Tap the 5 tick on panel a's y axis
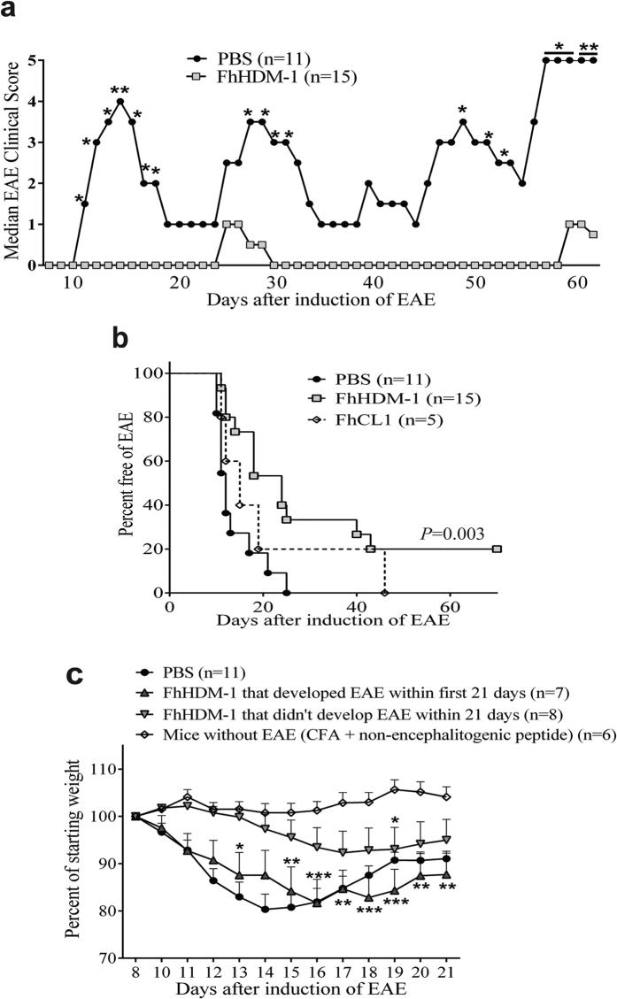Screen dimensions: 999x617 (33, 60)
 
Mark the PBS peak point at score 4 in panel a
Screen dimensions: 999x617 (120, 101)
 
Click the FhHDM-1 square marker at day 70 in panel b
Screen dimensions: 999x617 (497, 549)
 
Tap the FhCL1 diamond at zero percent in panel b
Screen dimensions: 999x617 (385, 593)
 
